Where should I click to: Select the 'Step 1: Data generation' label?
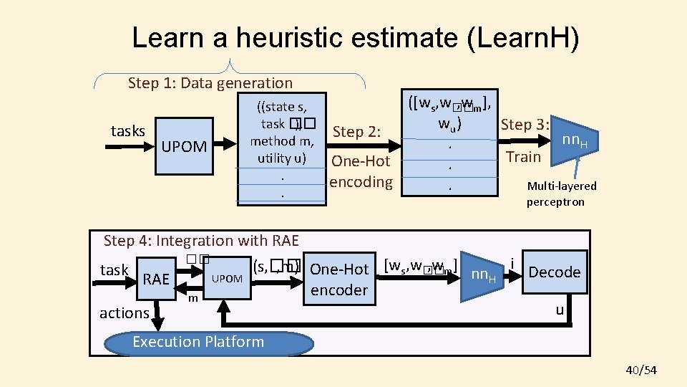click(210, 83)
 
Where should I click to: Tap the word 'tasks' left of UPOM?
click(128, 130)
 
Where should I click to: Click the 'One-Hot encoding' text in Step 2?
click(361, 171)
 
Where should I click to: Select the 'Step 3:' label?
click(525, 124)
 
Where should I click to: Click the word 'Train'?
click(523, 156)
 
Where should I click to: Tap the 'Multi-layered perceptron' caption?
click(561, 193)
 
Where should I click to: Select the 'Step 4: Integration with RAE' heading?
click(201, 241)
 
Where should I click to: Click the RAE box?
click(155, 279)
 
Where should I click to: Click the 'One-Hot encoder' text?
click(339, 279)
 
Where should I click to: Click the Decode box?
click(553, 272)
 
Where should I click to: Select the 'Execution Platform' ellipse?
click(198, 342)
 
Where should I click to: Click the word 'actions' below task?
click(125, 312)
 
